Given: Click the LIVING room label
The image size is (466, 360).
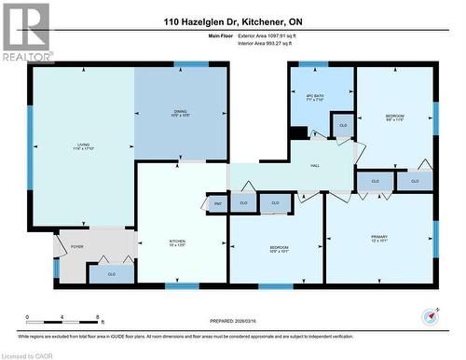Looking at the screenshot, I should pyautogui.click(x=84, y=145).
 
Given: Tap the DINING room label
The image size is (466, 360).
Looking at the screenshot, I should pyautogui.click(x=180, y=114).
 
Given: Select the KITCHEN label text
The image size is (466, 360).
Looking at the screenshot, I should pyautogui.click(x=151, y=242).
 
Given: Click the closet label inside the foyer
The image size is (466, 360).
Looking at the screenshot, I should pyautogui.click(x=111, y=274).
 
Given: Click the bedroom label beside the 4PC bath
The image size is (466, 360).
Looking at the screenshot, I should pyautogui.click(x=395, y=118).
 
